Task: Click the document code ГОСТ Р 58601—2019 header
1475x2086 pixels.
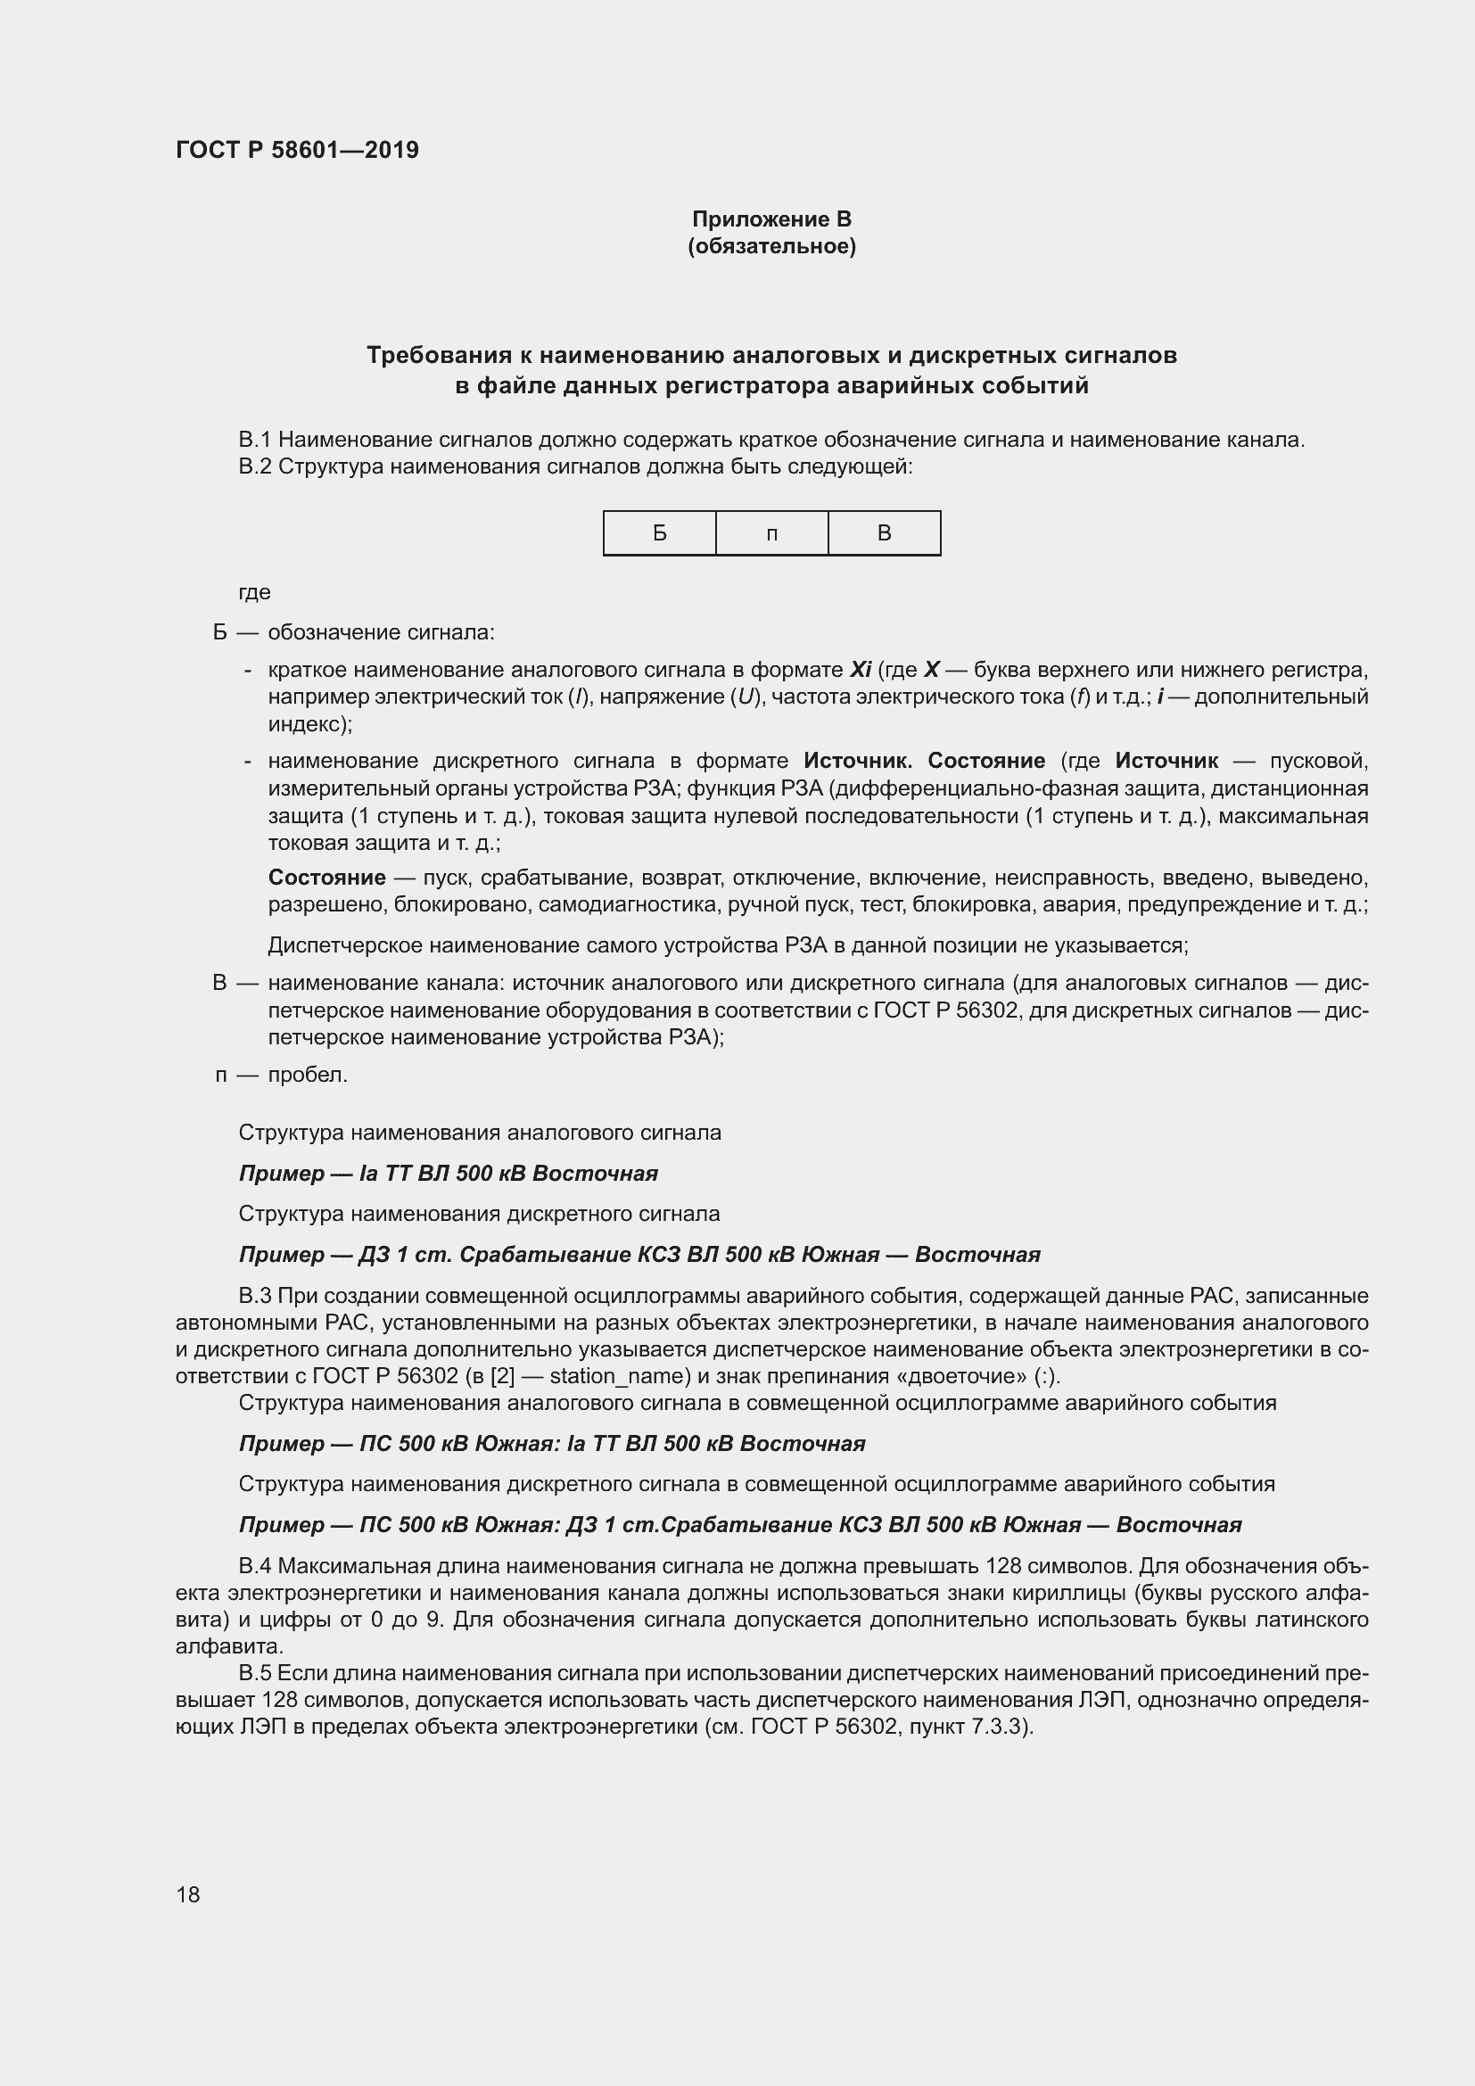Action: pos(297,150)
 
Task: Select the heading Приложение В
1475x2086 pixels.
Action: pos(771,219)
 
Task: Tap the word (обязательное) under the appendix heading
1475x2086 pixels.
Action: pos(771,246)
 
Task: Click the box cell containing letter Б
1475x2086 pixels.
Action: pos(659,533)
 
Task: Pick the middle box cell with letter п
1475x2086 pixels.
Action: pos(771,533)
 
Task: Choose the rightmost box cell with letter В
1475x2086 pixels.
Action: pos(884,533)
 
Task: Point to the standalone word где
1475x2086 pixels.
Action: pos(254,592)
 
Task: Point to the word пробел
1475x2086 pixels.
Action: pos(307,1075)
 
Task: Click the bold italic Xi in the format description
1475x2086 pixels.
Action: pos(859,671)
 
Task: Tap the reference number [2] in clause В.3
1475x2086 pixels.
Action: pos(502,1376)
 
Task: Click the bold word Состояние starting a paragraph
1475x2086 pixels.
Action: pos(326,878)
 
